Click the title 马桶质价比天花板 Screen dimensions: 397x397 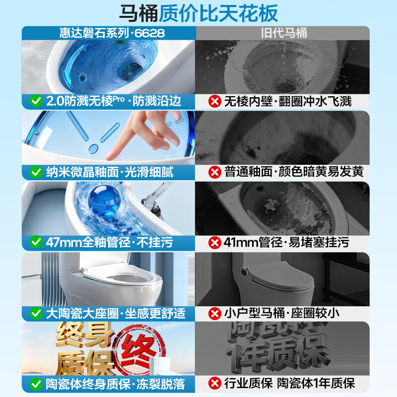(198, 13)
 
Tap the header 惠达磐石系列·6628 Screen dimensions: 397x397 (109, 33)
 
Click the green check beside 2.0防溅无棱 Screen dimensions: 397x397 (36, 101)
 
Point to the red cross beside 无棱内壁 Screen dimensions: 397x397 (214, 101)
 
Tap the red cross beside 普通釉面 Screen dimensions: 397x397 (214, 172)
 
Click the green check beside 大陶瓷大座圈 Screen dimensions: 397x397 (36, 313)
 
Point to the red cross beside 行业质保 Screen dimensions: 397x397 (214, 384)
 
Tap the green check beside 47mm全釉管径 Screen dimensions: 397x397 (36, 243)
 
